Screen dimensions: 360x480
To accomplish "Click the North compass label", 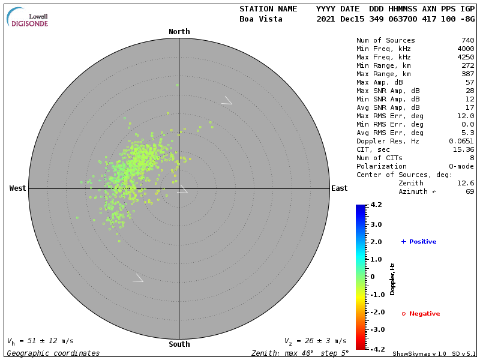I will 179,32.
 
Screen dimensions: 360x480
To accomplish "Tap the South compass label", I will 179,344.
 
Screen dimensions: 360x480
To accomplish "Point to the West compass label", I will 18,188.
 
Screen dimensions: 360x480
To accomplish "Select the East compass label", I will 339,188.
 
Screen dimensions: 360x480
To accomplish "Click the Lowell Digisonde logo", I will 28,18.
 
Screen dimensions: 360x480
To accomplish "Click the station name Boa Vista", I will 260,19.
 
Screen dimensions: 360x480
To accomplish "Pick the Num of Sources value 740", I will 467,40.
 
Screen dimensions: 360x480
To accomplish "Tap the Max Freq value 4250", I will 466,57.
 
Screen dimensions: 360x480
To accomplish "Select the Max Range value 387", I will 467,74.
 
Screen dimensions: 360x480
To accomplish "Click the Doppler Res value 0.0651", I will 461,141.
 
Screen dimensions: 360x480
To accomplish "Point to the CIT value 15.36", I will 463,149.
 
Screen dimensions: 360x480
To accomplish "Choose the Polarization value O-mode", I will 459,166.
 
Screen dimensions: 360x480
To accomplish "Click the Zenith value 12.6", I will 466,183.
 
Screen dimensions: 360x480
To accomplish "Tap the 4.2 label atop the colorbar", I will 376,205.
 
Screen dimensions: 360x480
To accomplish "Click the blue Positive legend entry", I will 419,242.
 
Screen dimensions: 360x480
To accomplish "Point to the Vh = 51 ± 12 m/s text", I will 40,341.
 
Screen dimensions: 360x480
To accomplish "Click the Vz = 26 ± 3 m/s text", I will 315,341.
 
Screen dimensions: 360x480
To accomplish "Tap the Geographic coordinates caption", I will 53,353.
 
